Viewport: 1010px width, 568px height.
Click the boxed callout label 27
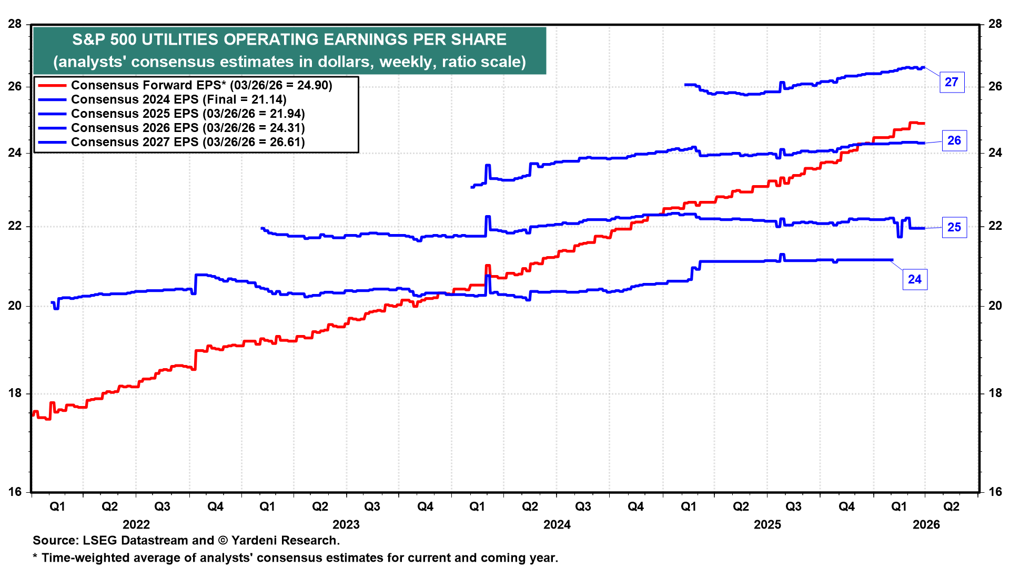[x=952, y=83]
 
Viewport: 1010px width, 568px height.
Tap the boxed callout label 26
[x=954, y=141]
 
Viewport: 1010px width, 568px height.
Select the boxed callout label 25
[x=954, y=227]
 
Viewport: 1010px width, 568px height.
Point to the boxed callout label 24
[x=914, y=279]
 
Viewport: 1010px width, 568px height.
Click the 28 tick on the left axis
[x=15, y=24]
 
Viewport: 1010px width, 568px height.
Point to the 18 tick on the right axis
[x=995, y=393]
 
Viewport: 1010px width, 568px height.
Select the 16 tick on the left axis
[x=15, y=492]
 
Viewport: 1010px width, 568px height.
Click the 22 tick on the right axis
[x=995, y=226]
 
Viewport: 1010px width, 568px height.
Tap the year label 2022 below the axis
[x=136, y=524]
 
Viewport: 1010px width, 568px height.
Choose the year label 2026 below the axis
[x=926, y=524]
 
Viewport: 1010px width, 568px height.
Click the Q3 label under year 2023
[x=372, y=506]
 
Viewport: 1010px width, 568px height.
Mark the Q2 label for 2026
[x=951, y=506]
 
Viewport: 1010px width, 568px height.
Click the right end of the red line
[x=924, y=124]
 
